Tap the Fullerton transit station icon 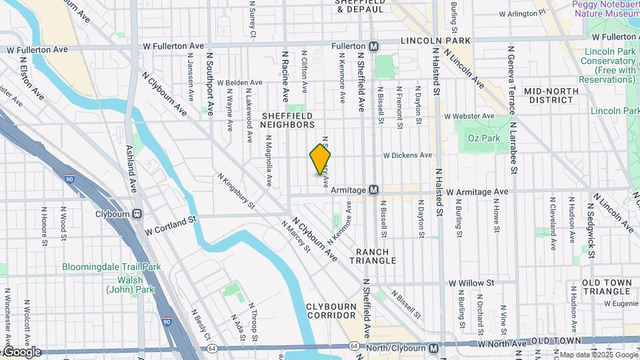[374, 46]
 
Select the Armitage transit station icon [374, 190]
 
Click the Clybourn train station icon [137, 214]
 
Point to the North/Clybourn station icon [433, 347]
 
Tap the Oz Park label [483, 138]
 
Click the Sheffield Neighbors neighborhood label [287, 120]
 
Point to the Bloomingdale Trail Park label [111, 267]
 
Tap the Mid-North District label [549, 95]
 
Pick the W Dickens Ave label [407, 155]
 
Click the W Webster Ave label [471, 116]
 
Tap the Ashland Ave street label [131, 175]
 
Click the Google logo [23, 352]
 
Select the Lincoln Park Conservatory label [610, 65]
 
